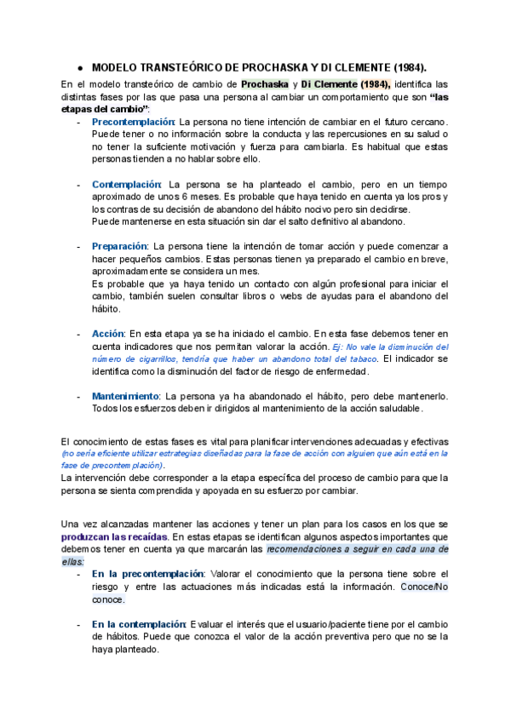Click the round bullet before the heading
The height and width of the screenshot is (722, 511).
point(78,66)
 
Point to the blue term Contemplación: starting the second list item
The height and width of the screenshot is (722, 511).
point(127,184)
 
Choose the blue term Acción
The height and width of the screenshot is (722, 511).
point(108,334)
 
